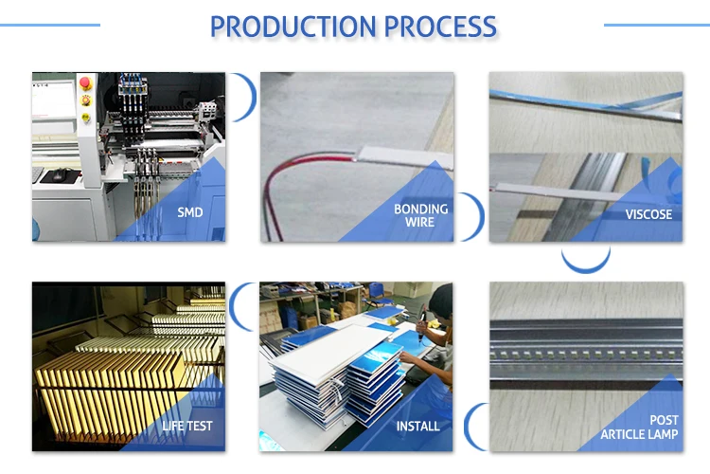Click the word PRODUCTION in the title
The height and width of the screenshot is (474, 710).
(293, 26)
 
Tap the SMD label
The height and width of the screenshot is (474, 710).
(189, 212)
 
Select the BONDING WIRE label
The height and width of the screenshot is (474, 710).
(420, 215)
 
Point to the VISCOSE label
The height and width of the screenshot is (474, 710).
(648, 214)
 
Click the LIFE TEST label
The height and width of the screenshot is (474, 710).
(186, 426)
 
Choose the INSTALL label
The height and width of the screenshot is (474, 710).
(417, 426)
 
